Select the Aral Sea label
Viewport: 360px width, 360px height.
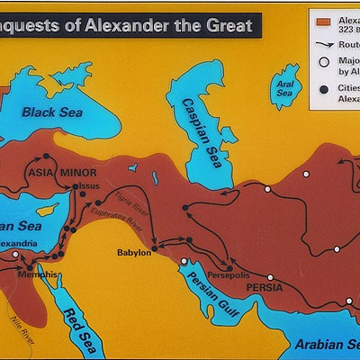(x=286, y=87)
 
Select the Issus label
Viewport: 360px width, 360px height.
(x=88, y=185)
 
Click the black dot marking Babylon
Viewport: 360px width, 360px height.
(x=155, y=248)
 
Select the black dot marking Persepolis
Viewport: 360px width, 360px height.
(x=229, y=268)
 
